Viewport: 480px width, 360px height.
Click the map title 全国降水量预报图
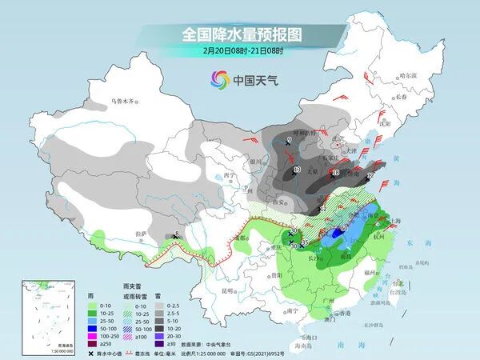pos(239,34)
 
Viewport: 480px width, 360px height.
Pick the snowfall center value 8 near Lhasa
pos(177,234)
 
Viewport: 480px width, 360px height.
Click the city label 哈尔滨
pos(409,74)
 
